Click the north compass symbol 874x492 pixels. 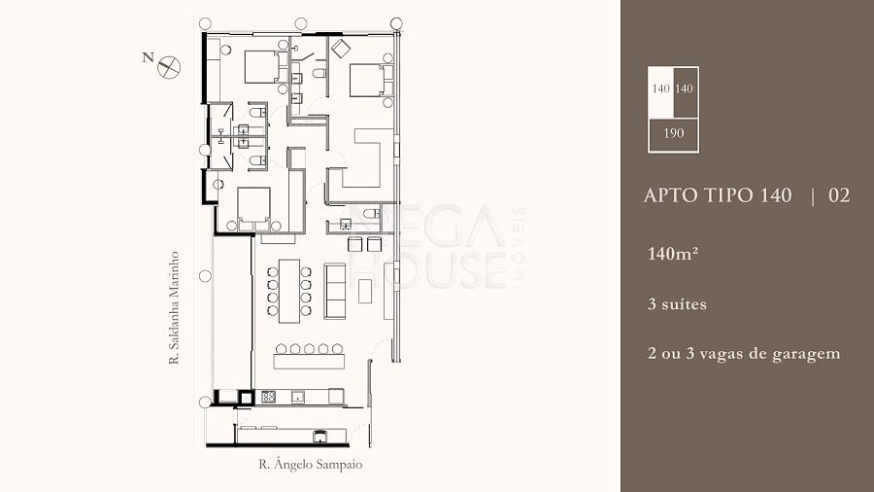(169, 67)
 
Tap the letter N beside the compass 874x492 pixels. (148, 57)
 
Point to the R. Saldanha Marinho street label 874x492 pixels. (174, 308)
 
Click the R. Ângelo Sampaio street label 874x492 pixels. (311, 464)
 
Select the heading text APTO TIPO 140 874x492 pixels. (718, 195)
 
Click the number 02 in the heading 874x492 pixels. (839, 195)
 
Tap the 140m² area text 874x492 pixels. (673, 254)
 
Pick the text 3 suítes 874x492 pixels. (677, 304)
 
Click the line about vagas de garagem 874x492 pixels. (744, 354)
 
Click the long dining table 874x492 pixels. (289, 291)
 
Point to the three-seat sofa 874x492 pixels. (335, 291)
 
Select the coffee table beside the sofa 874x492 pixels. (365, 291)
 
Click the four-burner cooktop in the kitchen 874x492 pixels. (269, 397)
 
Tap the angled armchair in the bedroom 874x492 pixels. (341, 48)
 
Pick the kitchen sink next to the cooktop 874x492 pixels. (298, 397)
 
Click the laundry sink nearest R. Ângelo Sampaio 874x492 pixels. (319, 437)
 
